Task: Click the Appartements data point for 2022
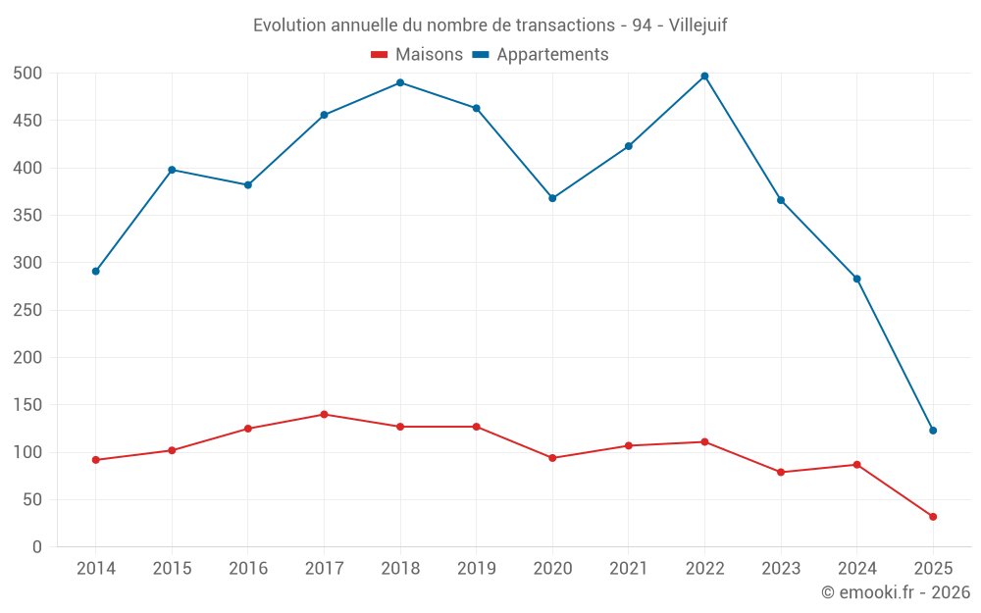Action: click(x=704, y=76)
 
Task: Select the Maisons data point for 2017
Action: click(x=324, y=414)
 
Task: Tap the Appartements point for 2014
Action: click(x=95, y=271)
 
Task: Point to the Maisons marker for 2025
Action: click(x=933, y=517)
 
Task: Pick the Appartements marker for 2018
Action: click(x=400, y=82)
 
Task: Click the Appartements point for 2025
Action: click(x=933, y=431)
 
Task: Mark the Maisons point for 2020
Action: click(x=552, y=458)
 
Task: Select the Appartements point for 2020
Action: click(x=552, y=198)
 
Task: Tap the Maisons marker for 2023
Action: click(x=781, y=472)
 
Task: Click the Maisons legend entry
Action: click(x=417, y=55)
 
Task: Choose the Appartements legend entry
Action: click(x=541, y=55)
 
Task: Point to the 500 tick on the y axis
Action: click(x=27, y=74)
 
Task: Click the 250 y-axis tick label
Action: click(x=27, y=310)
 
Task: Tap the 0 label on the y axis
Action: click(x=37, y=547)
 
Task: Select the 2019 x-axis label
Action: click(x=476, y=569)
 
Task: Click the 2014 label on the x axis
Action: click(x=95, y=569)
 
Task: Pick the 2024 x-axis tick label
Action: click(x=856, y=569)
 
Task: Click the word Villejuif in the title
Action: click(x=697, y=25)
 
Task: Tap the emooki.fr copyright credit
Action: click(x=896, y=592)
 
